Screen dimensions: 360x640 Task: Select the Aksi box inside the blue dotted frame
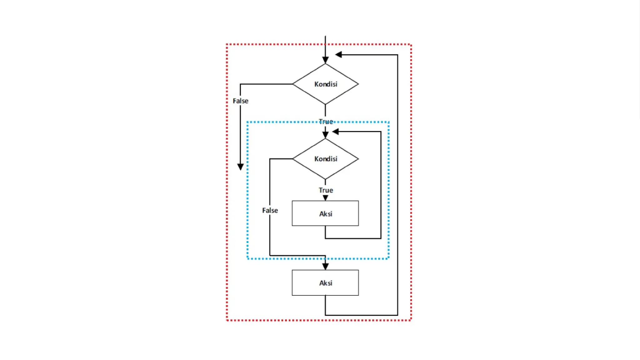[x=325, y=213]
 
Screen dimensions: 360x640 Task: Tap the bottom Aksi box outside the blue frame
[x=325, y=282]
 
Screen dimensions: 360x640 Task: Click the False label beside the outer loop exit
[x=240, y=101]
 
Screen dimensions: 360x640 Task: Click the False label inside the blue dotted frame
[x=270, y=210]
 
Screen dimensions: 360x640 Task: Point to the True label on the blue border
[x=326, y=122]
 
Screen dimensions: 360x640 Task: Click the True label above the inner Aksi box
[x=326, y=190]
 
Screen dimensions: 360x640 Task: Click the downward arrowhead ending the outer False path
[x=240, y=167]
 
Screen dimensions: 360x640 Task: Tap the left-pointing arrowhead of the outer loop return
[x=338, y=55]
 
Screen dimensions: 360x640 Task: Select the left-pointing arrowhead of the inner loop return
[x=336, y=132]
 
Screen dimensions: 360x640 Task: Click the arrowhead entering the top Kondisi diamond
[x=325, y=60]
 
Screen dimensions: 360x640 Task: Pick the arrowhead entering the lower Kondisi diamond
[x=325, y=135]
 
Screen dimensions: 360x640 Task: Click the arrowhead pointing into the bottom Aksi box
[x=325, y=266]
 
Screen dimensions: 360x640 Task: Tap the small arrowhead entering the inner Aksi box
[x=325, y=198]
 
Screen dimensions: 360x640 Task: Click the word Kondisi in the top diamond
[x=326, y=84]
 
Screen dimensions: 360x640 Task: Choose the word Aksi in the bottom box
[x=326, y=283]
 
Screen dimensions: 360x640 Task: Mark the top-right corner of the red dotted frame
[x=411, y=45]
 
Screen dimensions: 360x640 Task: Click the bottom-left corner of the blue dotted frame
[x=247, y=258]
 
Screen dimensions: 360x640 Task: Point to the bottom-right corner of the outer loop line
[x=397, y=315]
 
